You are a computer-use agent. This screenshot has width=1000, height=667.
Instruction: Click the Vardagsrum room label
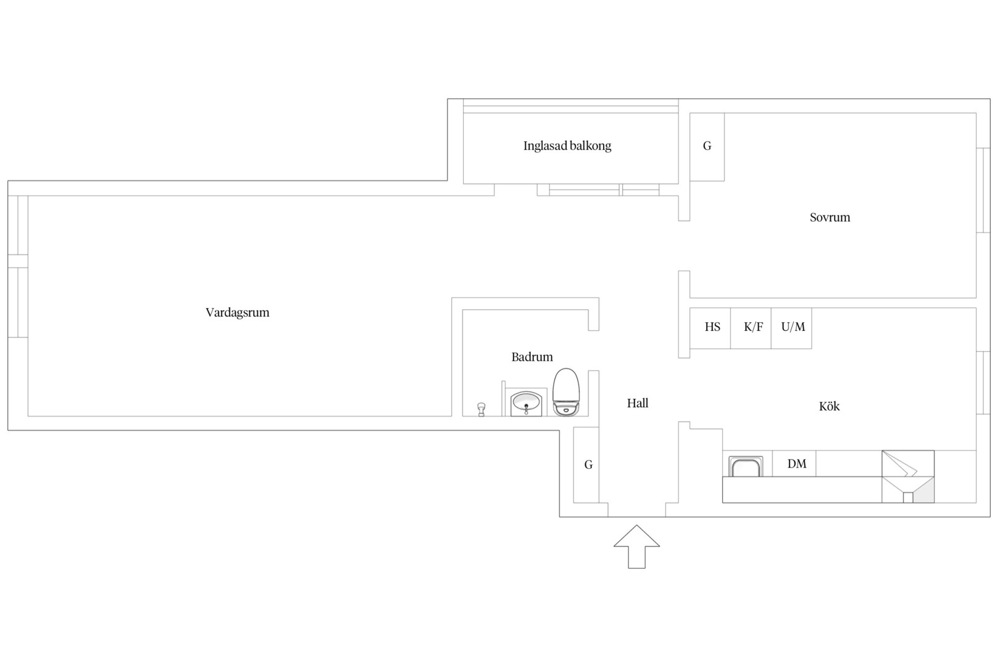coord(238,313)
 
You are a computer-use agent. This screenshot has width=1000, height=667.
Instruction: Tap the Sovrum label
coord(830,217)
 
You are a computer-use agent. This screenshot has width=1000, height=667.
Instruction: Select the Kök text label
coord(829,406)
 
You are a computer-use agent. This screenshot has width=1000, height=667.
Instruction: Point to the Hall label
coord(638,403)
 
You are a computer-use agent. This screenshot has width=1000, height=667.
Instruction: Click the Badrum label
coord(532,356)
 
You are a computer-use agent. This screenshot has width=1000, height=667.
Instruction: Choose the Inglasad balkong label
coord(567,146)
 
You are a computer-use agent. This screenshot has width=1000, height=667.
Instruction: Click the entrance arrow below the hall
coord(636,547)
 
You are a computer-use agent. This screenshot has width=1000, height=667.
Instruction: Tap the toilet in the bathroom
coord(566,392)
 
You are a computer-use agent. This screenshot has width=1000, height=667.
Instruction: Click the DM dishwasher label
coord(797,464)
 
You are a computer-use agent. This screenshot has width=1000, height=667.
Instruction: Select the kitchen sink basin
coord(746,467)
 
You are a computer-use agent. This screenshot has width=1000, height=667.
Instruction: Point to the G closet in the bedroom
coord(707,147)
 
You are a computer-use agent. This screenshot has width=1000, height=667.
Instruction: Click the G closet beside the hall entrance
coord(586,464)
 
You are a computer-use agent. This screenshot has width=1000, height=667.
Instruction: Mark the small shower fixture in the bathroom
coord(481,409)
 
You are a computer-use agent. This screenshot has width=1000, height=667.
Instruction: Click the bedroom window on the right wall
coord(983,190)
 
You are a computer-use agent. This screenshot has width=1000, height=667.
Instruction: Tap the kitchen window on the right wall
coord(983,383)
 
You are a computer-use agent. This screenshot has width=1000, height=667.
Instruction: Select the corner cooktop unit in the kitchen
coord(908,477)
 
